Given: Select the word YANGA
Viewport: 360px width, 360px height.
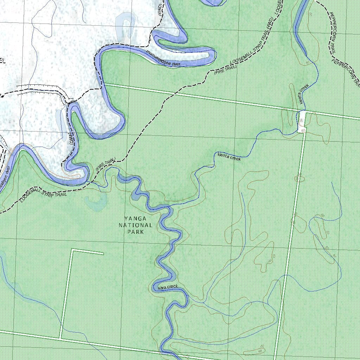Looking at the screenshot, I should point(135,218).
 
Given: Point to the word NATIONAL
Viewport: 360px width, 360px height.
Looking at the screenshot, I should point(135,225).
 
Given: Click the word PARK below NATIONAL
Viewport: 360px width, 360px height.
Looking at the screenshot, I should point(136,232).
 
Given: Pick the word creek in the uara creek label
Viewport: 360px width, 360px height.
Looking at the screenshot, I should point(173,287).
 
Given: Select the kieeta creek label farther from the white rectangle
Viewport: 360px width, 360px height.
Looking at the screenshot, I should point(229,157).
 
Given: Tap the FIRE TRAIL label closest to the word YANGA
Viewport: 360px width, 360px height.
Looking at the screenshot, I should point(105,165).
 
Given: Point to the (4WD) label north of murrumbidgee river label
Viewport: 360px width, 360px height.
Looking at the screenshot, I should point(161,12).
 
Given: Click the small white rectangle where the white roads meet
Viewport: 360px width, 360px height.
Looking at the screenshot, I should point(302,122).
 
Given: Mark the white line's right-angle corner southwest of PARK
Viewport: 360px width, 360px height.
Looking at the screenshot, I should point(72,250).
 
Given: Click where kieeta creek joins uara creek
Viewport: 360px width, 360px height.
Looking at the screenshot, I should point(169,206).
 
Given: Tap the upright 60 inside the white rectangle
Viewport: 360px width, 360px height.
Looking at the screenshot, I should point(301,121).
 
